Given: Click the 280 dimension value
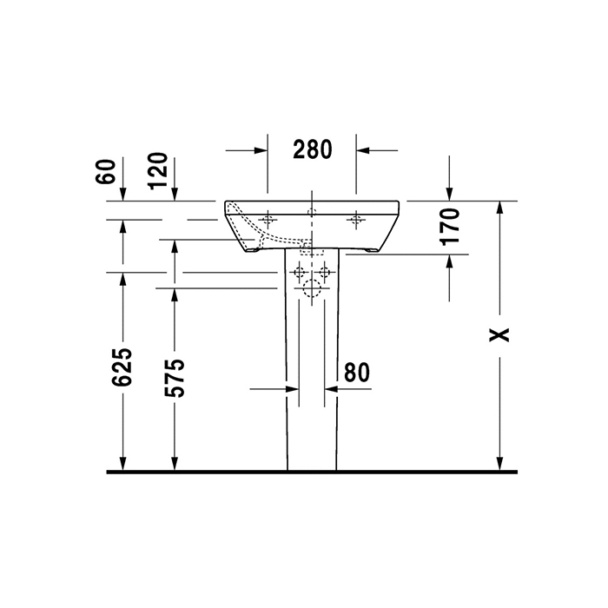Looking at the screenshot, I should coord(312,150).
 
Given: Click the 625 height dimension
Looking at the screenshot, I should coord(122,367).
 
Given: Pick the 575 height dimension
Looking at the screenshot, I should coord(175,376).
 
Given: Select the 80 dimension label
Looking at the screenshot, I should coord(356,372).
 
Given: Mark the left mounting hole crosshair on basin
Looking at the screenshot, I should coord(268,219).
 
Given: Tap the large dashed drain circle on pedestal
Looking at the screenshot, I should coord(311,289).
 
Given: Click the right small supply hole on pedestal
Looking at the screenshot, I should coord(325,273).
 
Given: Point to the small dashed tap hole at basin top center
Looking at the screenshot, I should coord(311,211).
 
